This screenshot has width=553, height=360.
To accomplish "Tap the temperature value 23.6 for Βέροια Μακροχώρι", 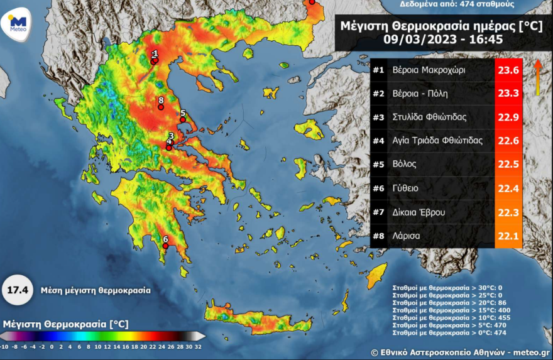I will coord(508,70).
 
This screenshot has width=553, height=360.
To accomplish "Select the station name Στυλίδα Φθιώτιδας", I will coord(429,117).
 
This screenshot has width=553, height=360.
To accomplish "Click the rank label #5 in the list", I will coord(378,165).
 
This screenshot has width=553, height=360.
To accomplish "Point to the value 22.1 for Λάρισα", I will coord(508,236).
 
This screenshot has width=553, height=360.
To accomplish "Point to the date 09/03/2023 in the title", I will coord(417,38).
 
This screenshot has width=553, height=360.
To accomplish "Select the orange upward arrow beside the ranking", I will coord(538,78).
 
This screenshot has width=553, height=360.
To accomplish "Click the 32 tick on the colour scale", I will coord(198,346).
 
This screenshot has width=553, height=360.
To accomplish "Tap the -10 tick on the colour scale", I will coord(4,346).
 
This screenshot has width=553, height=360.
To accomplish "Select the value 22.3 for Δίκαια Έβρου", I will coord(508,212).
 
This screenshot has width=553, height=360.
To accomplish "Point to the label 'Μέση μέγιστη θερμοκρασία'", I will coord(96,291).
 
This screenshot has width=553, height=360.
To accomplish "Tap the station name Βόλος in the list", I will coord(405,165).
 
